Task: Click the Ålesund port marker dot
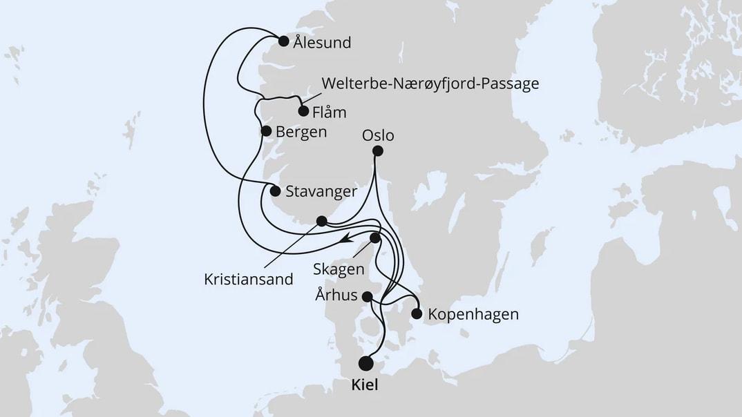(284, 41)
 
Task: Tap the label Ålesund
(322, 43)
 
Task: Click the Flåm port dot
(303, 110)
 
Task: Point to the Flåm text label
(330, 111)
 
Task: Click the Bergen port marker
(265, 130)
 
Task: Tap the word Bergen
(301, 131)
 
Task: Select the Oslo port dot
(377, 151)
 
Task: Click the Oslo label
(378, 135)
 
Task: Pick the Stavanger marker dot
(275, 191)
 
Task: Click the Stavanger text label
(321, 191)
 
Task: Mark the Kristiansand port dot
(321, 221)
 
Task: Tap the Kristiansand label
(249, 280)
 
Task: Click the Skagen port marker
(375, 238)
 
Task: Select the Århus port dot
(368, 297)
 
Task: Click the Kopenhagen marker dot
(417, 313)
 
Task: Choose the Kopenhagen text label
(473, 314)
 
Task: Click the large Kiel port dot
(365, 363)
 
